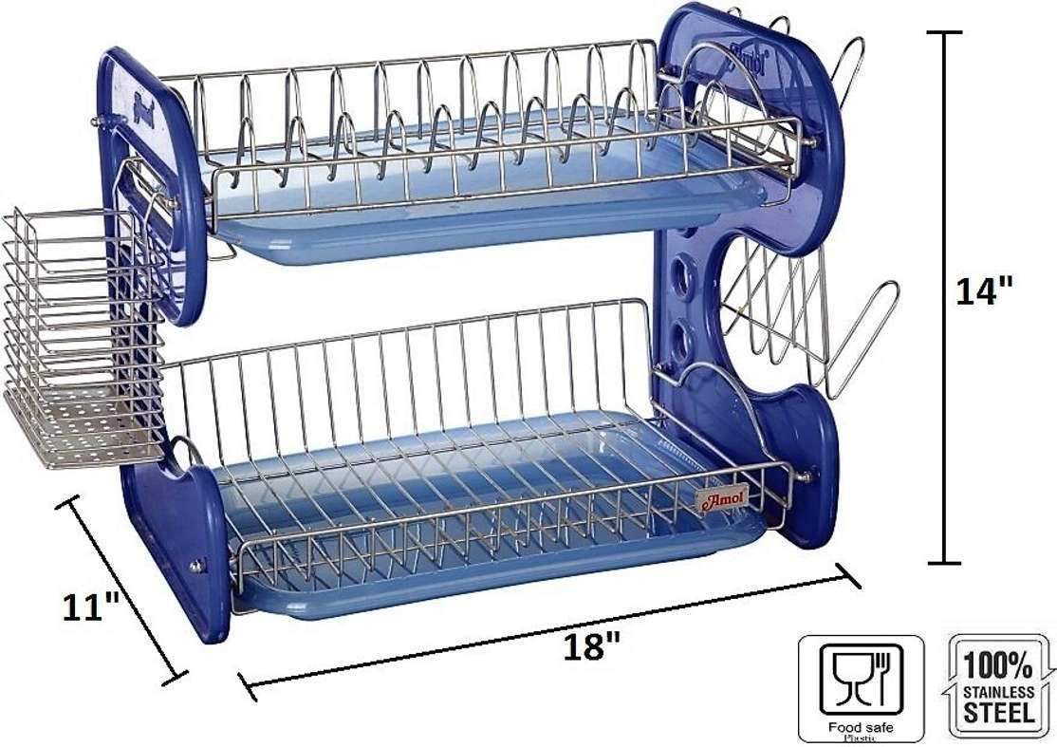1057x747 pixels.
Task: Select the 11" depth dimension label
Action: pos(91,606)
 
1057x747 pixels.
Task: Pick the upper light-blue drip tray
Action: pos(493,223)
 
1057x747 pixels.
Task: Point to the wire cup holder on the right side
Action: pos(807,323)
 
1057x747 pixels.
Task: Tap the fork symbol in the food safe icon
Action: pos(877,676)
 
